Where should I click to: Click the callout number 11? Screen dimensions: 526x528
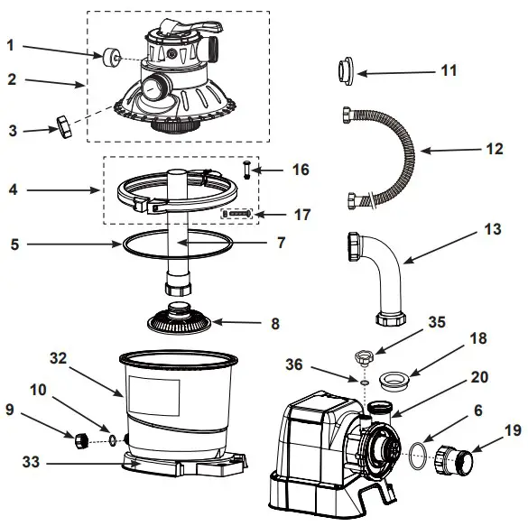[449, 69]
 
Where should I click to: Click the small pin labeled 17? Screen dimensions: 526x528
[236, 214]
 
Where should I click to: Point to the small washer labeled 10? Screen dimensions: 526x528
[110, 441]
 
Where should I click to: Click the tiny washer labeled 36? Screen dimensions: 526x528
[362, 383]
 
